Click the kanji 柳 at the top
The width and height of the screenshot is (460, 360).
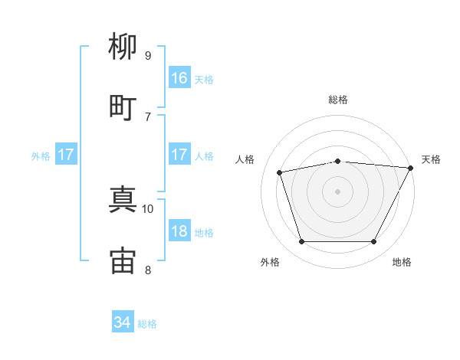(x=123, y=46)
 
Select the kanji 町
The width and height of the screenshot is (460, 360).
(x=123, y=108)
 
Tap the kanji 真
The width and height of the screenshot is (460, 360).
(x=123, y=199)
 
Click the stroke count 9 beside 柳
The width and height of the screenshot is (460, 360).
(x=148, y=56)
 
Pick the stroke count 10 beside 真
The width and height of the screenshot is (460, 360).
(x=147, y=209)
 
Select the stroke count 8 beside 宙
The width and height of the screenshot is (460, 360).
(x=148, y=270)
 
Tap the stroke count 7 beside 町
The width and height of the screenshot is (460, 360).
(x=148, y=117)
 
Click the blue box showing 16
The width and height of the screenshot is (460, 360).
(x=179, y=77)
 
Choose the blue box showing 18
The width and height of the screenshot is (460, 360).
(x=179, y=230)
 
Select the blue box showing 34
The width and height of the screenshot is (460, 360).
(x=123, y=321)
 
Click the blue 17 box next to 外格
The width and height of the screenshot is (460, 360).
(x=66, y=154)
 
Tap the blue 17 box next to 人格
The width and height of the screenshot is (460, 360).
(x=179, y=154)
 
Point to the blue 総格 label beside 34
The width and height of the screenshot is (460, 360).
(x=147, y=324)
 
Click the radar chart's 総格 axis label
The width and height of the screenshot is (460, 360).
(x=338, y=100)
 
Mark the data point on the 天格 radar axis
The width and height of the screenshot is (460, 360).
(x=411, y=168)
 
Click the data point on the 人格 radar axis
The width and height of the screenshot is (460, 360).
(x=279, y=172)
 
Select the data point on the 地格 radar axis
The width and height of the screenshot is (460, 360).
(x=374, y=241)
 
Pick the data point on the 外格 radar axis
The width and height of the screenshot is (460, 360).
(x=301, y=241)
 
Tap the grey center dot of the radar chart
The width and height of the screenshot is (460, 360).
(x=337, y=191)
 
